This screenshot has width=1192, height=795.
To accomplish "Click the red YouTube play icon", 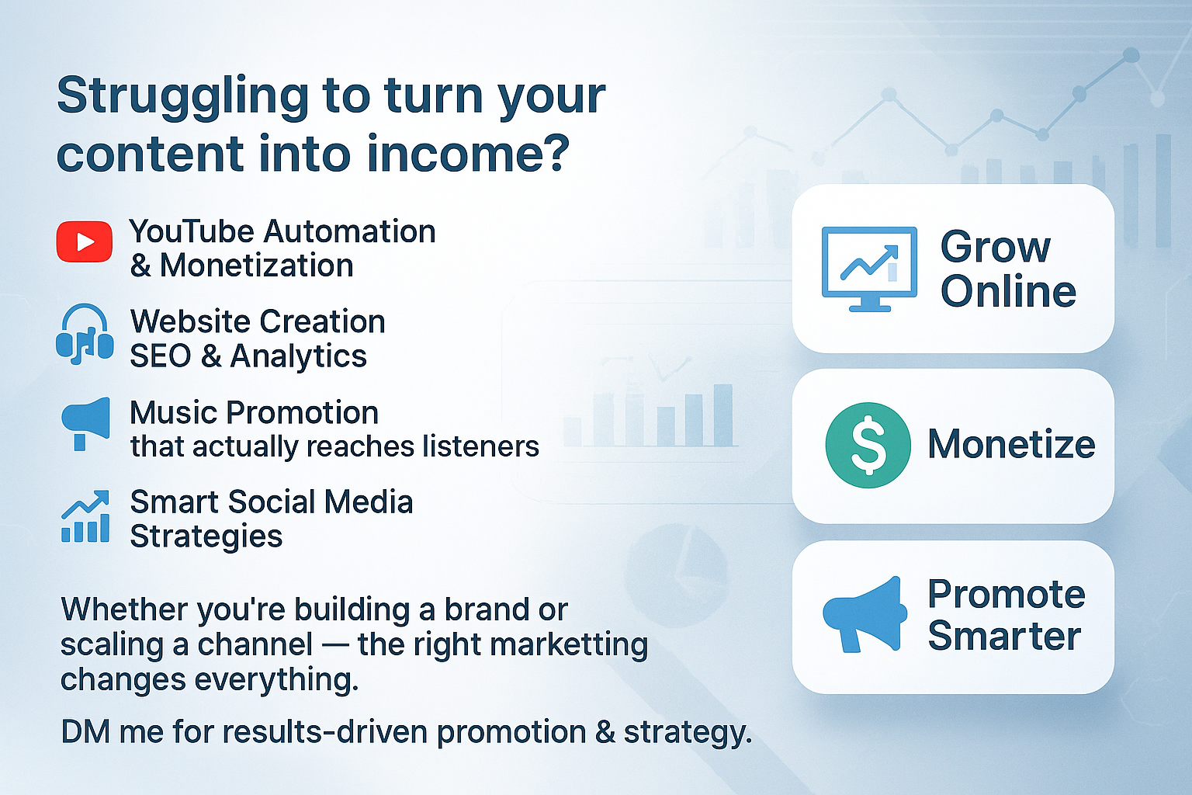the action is point(85,241).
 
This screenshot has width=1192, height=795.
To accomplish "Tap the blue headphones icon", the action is point(85,334).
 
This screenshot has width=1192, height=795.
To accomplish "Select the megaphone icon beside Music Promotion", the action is point(85,424).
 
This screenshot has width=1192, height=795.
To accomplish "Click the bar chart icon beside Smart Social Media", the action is point(85,516).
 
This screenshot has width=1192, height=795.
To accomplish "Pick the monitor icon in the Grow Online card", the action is point(869,269).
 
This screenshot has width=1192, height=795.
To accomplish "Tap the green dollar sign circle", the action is point(868,445).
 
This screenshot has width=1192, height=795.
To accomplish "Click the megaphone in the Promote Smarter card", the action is point(865,614).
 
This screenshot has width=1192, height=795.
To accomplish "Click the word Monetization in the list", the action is point(257,266).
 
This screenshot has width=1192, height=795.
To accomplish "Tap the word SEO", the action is point(161,356).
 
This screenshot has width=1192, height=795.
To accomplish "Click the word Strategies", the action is point(206,537).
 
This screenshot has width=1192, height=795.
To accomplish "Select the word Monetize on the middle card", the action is point(1012,445).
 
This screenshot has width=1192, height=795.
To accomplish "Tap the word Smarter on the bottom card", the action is point(1005,637).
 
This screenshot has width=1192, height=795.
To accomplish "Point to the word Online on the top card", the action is point(1008,291).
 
